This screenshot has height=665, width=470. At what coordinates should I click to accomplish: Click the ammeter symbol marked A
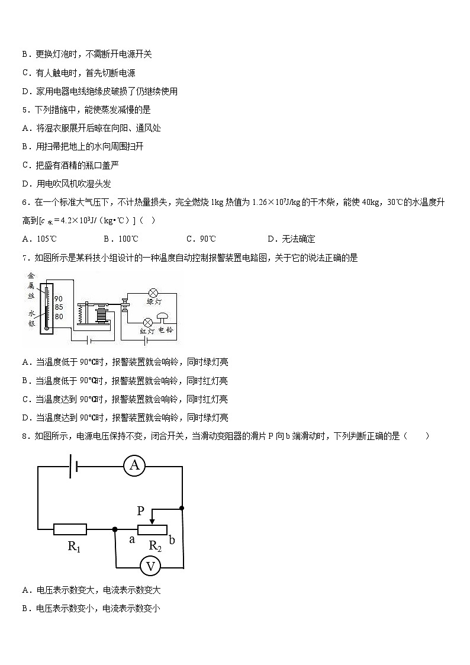click(134, 466)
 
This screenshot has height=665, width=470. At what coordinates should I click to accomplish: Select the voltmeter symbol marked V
click(150, 567)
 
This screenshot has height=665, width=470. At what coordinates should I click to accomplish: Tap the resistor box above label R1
click(70, 529)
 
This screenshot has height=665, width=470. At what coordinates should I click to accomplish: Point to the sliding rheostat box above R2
click(152, 529)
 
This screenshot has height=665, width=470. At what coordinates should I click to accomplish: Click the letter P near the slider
click(141, 510)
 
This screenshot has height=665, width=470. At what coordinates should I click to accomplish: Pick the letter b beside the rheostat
click(172, 539)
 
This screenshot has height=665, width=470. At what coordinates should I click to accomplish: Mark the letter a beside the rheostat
click(132, 539)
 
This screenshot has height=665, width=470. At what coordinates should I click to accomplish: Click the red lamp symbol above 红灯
click(148, 322)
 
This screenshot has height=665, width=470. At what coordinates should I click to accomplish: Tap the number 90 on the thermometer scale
click(58, 298)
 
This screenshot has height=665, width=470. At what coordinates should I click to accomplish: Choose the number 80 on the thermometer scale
click(58, 316)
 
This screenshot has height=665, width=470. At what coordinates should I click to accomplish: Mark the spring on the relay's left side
click(81, 313)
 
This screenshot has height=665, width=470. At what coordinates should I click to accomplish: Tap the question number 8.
click(25, 436)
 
